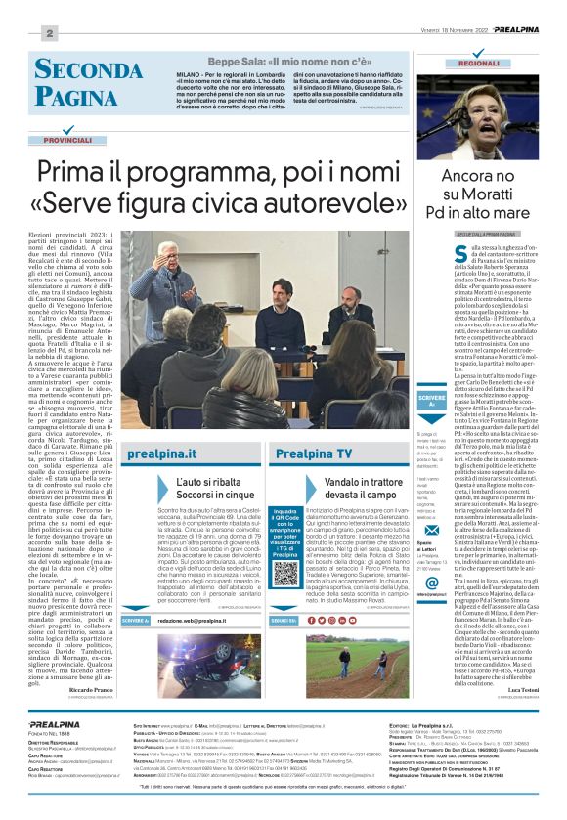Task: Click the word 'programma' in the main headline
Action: tap(219, 173)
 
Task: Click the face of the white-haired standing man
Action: tap(169, 250)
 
